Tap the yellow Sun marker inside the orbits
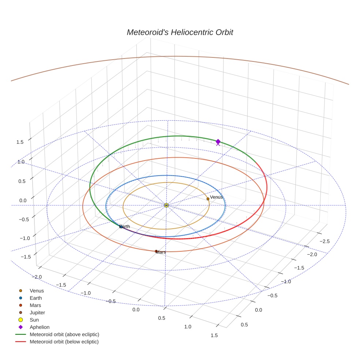[166, 205]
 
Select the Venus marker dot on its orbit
[208, 199]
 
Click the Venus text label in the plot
[216, 197]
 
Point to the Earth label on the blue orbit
[125, 226]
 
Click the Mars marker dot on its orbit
[156, 251]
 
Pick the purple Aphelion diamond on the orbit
[218, 141]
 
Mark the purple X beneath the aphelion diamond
[218, 144]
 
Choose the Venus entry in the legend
[37, 291]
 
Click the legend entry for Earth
[36, 298]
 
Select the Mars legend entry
[35, 305]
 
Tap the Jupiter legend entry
[37, 312]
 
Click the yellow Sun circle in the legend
[21, 320]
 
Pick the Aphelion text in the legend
[40, 327]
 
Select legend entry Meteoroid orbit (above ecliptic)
[64, 334]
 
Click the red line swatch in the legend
[21, 342]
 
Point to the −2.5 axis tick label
[325, 241]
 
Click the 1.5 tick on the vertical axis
[20, 142]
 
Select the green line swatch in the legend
[21, 334]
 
